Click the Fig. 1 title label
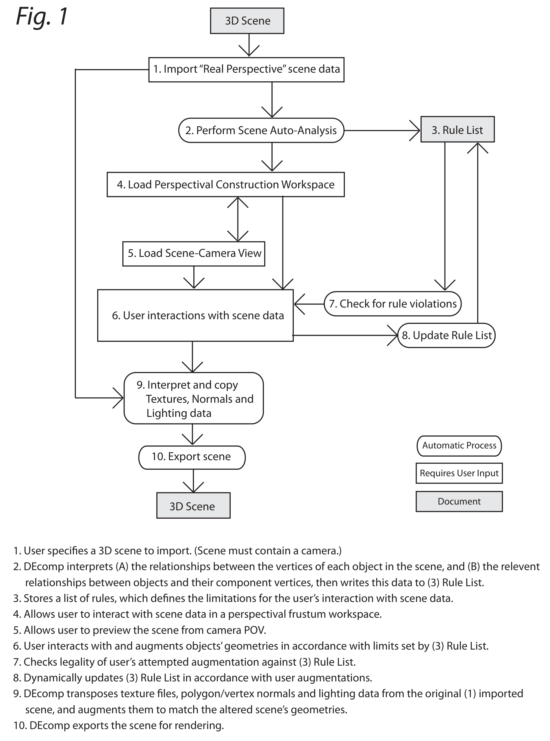tap(42, 17)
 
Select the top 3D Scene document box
tap(247, 21)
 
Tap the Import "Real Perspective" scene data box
tap(246, 69)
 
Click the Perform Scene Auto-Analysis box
tap(261, 130)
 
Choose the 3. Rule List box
tap(457, 130)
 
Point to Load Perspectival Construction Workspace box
tap(225, 185)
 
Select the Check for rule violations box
tap(393, 304)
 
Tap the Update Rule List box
tap(446, 335)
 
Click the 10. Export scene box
tap(192, 457)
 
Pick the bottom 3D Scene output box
tap(193, 506)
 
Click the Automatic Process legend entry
tap(459, 445)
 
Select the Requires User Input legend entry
tap(459, 473)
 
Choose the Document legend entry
tap(459, 501)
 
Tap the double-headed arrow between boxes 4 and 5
tap(238, 219)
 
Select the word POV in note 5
tap(255, 630)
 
